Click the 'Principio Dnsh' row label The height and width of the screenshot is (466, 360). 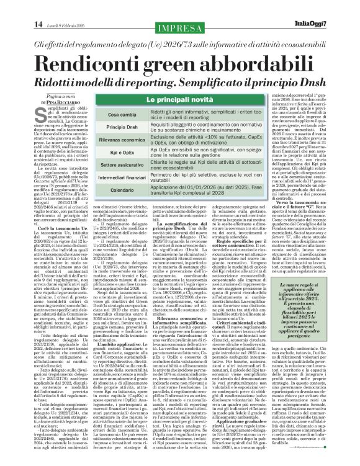[122, 127]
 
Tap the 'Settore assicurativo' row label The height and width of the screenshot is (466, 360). [122, 166]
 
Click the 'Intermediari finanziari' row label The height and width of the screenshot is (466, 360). [122, 179]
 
